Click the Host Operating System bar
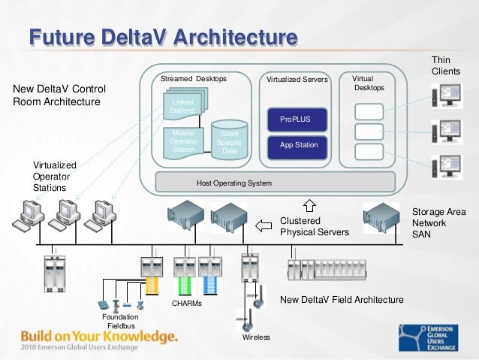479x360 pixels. pos(233,183)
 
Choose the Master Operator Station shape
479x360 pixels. pos(183,141)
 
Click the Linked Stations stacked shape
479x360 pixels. pos(184,105)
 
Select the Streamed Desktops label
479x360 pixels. pos(193,78)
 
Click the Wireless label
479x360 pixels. pos(255,337)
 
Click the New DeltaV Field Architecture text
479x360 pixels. pos(342,300)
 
